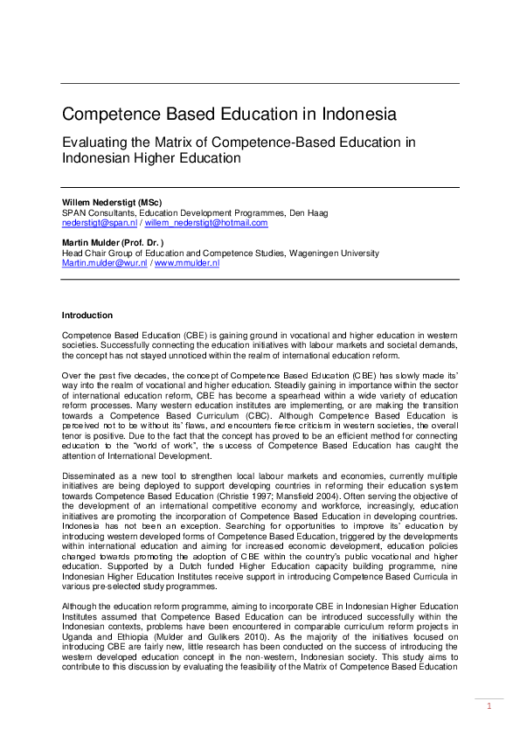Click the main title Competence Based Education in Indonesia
pos(228,115)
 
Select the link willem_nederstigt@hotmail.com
pos(206,223)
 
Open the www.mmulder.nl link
pos(187,262)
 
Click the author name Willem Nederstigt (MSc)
pos(112,203)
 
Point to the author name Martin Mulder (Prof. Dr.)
pos(113,242)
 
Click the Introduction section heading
pos(87,315)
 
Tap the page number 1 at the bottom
pos(490,706)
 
